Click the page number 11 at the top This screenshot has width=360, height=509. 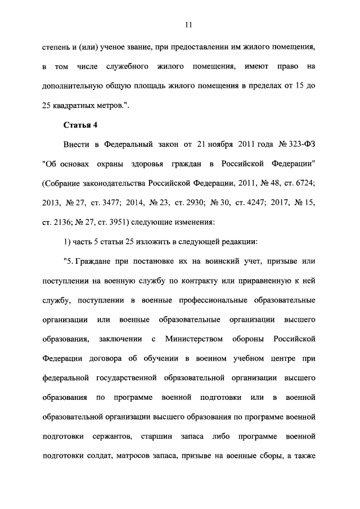tap(188, 24)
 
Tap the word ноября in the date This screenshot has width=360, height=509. tap(217, 144)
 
